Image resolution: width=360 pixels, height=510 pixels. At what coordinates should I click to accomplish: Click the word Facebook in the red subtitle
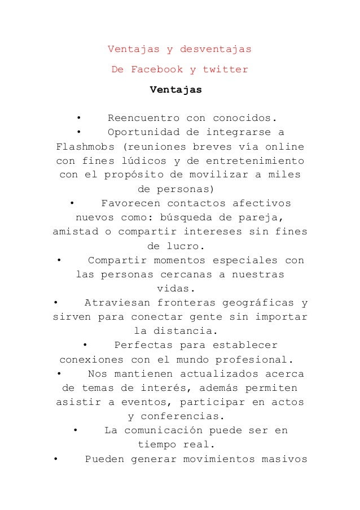tap(156, 71)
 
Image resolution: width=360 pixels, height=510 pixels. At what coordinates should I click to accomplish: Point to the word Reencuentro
tap(144, 119)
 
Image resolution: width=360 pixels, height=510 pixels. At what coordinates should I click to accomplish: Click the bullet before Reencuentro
tap(79, 119)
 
